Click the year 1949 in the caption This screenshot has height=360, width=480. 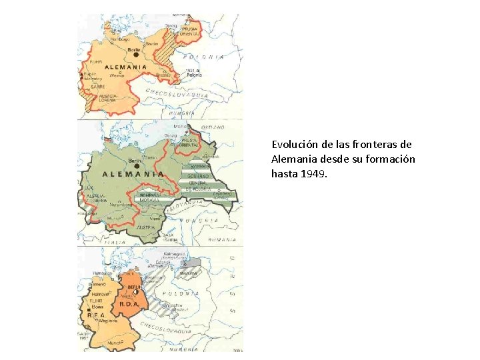click(x=313, y=174)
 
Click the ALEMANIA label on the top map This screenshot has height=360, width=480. click(x=125, y=67)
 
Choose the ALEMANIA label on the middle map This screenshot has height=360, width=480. click(x=133, y=174)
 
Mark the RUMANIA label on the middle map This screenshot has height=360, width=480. click(x=221, y=239)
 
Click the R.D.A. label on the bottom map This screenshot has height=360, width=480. click(x=129, y=304)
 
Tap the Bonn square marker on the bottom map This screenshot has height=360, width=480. click(x=89, y=311)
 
